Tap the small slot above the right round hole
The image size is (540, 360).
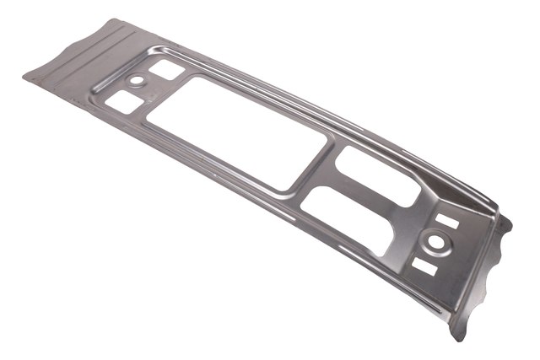click(448, 222)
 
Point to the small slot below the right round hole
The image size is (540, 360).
click(425, 266)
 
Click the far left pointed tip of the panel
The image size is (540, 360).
click(24, 75)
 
